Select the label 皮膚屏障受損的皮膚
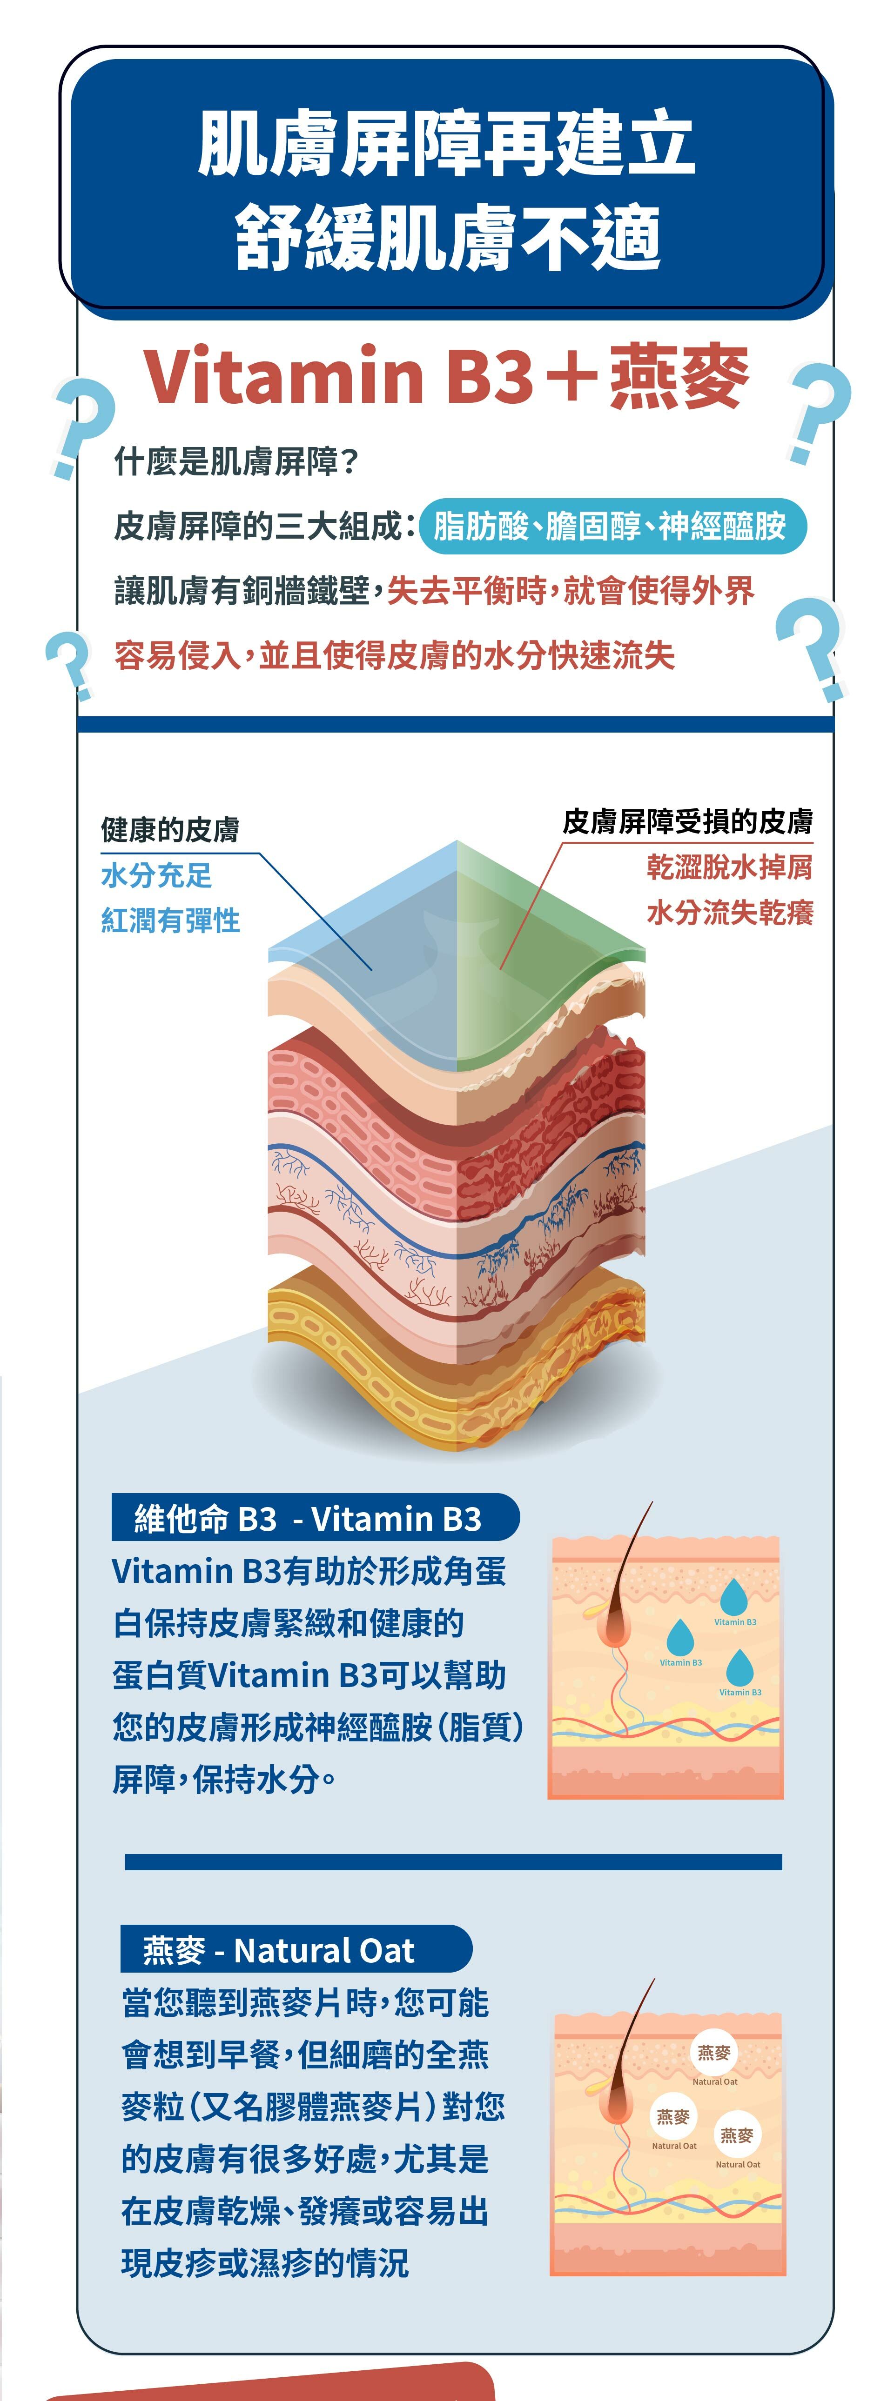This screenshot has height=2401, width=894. (x=687, y=821)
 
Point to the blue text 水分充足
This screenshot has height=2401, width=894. (x=156, y=875)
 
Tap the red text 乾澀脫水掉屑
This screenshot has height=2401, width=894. (x=729, y=867)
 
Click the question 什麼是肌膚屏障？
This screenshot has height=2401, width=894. (x=236, y=460)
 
